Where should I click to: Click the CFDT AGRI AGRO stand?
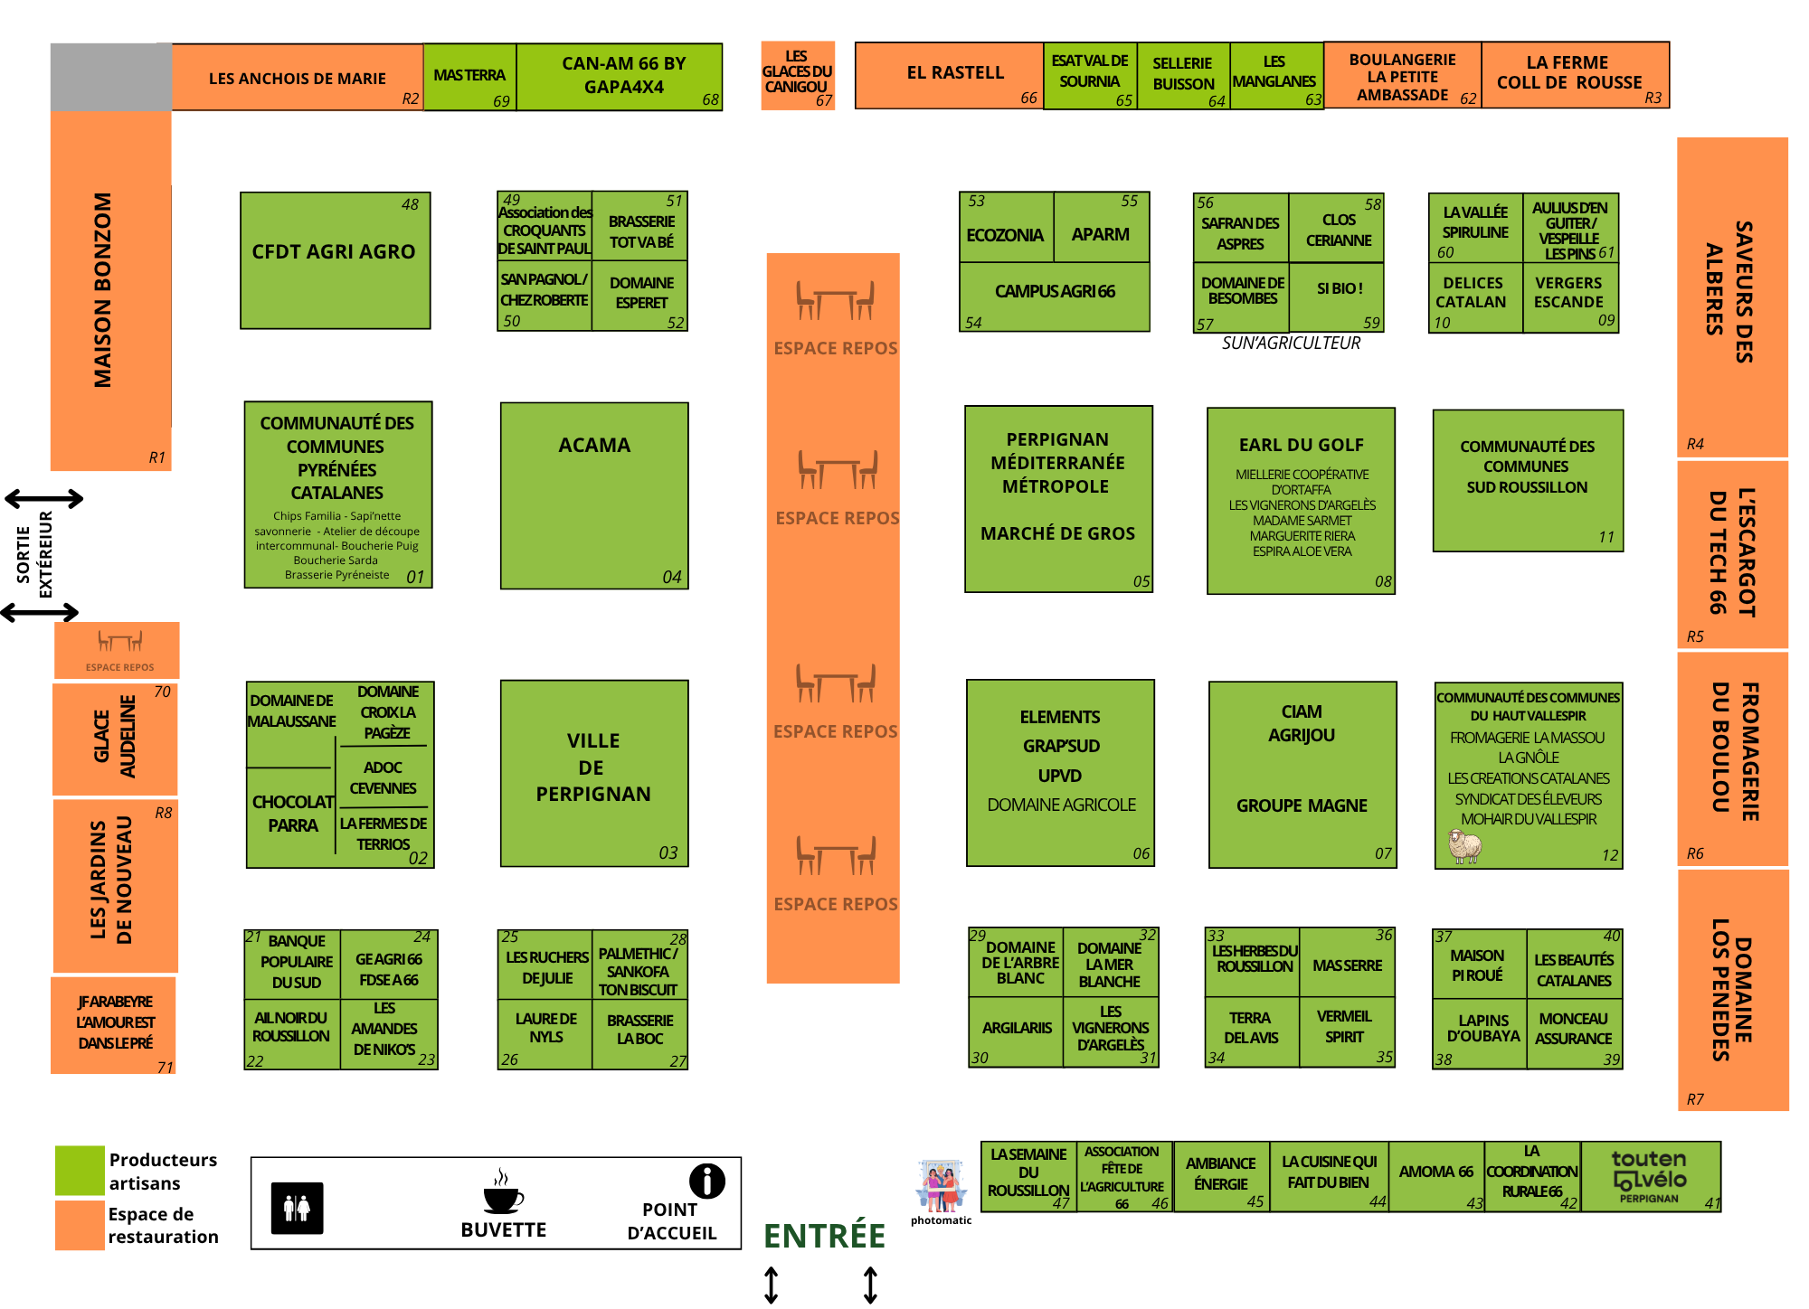(x=335, y=260)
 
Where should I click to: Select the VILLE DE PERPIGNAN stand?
(x=594, y=773)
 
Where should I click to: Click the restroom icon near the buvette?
(x=298, y=1208)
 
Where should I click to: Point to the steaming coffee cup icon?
(x=503, y=1193)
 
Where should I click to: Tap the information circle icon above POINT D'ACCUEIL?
(x=706, y=1181)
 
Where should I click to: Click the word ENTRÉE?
(x=824, y=1236)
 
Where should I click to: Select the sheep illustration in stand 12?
(x=1464, y=847)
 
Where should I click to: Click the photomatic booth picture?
(x=941, y=1185)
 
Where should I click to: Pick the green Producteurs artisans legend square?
(x=80, y=1170)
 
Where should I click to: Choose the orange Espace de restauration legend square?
(x=80, y=1224)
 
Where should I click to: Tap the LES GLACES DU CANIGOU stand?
(x=797, y=75)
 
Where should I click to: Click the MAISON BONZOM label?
(x=103, y=289)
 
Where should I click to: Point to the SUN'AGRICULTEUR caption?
(x=1291, y=344)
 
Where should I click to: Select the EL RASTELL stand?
(x=950, y=75)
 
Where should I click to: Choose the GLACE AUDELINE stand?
(x=115, y=738)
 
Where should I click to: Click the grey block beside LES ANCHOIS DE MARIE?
(x=110, y=77)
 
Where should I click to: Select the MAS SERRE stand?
(x=1347, y=965)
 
